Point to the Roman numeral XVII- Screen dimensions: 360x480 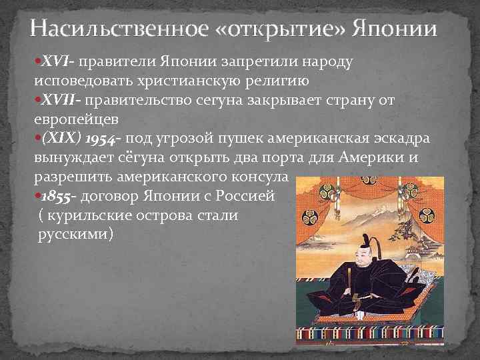[x=63, y=101]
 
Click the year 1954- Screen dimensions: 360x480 [x=99, y=139]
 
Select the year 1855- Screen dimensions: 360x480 [x=60, y=197]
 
